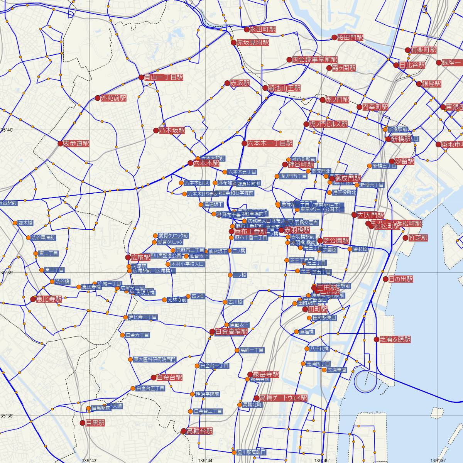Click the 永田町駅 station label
(262, 29)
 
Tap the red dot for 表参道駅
(60, 144)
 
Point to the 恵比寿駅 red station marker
(33, 299)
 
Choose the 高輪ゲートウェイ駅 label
(283, 398)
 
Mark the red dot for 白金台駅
(154, 377)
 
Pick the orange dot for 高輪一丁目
(237, 350)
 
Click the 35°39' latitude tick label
(7, 273)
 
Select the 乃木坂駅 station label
(172, 130)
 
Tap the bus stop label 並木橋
(25, 223)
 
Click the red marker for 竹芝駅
(405, 238)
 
